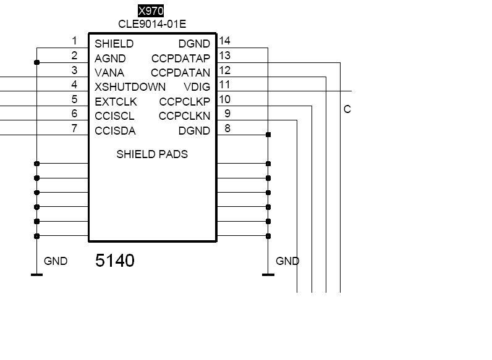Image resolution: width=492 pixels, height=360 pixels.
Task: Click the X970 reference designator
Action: (151, 11)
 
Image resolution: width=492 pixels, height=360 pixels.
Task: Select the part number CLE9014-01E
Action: (152, 24)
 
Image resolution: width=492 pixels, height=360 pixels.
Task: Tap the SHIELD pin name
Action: (114, 44)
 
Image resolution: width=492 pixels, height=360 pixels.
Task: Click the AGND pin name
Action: (110, 59)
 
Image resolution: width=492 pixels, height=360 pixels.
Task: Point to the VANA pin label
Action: (109, 73)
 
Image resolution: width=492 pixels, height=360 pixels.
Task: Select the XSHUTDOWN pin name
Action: (130, 87)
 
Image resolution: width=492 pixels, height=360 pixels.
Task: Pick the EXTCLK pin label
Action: (116, 102)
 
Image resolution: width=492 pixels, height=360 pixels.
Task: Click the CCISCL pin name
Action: (114, 116)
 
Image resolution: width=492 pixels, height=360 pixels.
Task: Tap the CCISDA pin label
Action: (115, 131)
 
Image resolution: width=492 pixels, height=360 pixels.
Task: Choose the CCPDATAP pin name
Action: (180, 59)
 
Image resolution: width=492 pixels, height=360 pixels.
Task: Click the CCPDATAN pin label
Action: (180, 73)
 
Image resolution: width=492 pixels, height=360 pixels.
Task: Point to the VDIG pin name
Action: (197, 87)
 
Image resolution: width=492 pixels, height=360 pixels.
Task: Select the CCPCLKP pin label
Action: (184, 102)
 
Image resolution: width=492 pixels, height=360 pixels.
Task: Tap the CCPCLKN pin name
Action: (184, 116)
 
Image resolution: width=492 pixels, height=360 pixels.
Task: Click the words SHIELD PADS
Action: (152, 154)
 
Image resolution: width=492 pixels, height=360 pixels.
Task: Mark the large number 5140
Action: (115, 261)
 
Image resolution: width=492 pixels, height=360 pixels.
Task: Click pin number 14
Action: (225, 41)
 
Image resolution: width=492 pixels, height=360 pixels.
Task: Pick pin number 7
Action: (74, 128)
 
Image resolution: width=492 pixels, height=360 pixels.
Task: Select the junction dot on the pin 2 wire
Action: (37, 62)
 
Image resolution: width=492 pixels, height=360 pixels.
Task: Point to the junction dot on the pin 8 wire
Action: (268, 135)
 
